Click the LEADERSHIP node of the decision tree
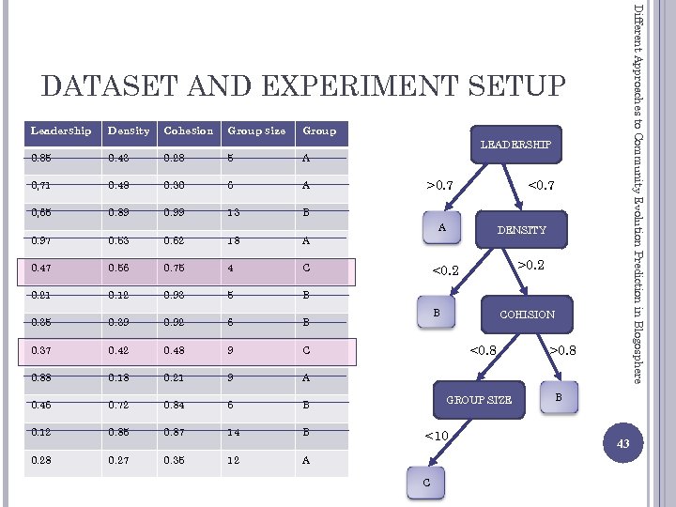point(515,145)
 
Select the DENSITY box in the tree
point(521,230)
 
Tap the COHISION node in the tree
point(527,315)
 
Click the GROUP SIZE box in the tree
point(479,400)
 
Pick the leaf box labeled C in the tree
point(427,482)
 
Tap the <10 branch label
point(437,436)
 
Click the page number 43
point(621,441)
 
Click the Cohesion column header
point(188,131)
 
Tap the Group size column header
point(255,131)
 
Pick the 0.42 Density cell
point(119,352)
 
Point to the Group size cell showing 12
point(235,461)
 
